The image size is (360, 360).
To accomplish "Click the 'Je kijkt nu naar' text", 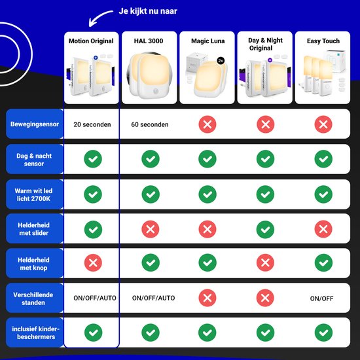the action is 148,11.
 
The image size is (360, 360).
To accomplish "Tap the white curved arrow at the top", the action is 98,16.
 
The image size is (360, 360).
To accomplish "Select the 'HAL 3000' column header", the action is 149,41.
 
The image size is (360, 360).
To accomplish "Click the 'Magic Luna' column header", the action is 207,41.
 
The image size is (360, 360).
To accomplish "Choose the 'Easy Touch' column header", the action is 323,41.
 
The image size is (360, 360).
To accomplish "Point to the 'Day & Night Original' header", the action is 265,44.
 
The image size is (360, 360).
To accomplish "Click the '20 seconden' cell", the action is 92,124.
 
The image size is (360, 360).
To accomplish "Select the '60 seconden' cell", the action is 150,124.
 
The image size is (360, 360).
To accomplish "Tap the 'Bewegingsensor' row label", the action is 35,124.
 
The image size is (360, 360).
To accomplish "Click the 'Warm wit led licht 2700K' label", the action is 33,194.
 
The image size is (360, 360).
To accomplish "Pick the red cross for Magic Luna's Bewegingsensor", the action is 207,124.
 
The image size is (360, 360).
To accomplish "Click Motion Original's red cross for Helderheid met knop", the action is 93,262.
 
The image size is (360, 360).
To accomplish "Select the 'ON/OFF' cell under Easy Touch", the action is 321,298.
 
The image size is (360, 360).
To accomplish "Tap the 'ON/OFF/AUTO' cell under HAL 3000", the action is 153,298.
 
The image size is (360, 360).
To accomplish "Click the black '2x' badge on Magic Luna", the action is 221,61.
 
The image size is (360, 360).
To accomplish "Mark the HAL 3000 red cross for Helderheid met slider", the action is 151,229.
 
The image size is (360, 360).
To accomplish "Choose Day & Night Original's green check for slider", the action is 265,229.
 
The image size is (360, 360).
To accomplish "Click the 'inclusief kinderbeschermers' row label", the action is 36,333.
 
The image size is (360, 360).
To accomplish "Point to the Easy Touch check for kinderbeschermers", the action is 323,333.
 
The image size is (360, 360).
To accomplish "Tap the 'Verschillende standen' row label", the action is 33,298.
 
